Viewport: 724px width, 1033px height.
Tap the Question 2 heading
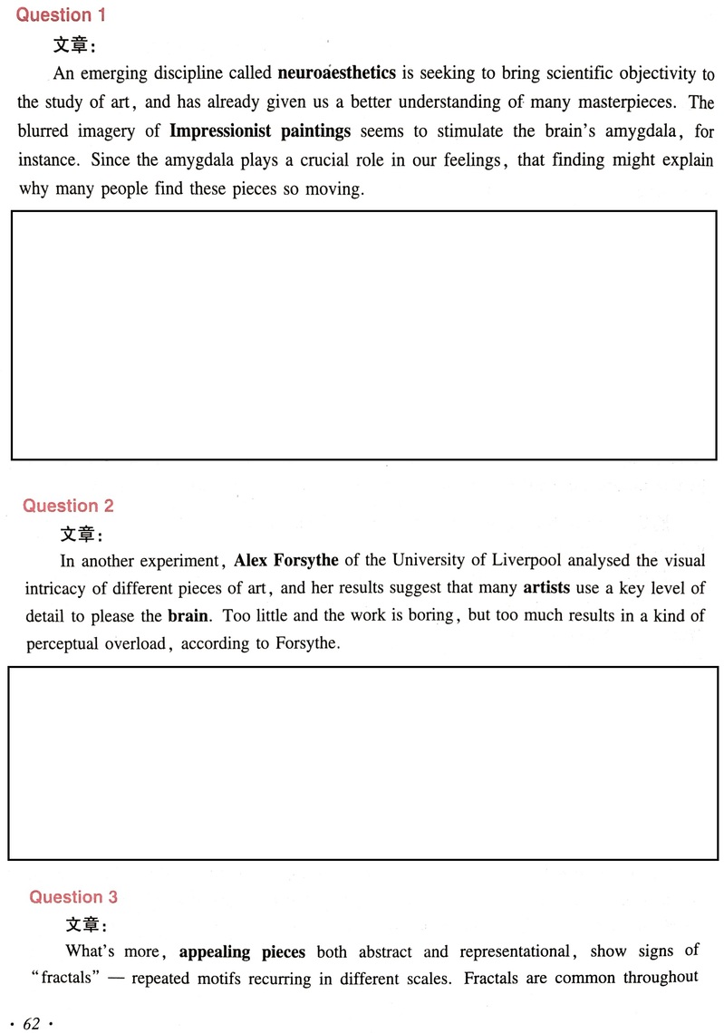click(68, 506)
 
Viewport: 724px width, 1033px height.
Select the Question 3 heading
click(73, 897)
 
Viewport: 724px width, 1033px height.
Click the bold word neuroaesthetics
click(336, 73)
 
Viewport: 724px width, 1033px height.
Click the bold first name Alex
click(250, 561)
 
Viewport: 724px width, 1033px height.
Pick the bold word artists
click(546, 588)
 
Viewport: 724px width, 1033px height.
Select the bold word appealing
click(216, 952)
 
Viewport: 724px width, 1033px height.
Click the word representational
click(515, 952)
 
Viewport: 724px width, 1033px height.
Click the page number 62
click(32, 1023)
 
